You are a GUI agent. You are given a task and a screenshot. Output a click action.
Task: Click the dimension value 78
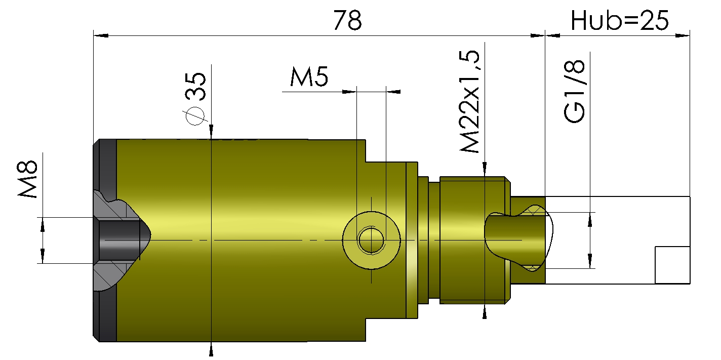click(x=347, y=20)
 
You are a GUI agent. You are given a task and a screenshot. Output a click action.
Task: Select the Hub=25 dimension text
click(x=620, y=20)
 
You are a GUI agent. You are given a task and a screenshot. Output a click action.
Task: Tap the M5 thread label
click(x=309, y=76)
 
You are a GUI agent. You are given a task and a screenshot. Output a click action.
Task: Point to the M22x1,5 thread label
click(x=469, y=101)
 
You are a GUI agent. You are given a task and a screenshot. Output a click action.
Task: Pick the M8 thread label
click(x=27, y=179)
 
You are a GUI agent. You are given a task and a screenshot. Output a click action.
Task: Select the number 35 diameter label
click(x=195, y=86)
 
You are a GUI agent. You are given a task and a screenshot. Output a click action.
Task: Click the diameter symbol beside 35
click(x=195, y=115)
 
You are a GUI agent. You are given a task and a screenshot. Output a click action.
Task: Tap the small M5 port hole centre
click(x=371, y=240)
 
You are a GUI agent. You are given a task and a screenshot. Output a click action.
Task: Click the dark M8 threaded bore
click(x=119, y=240)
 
